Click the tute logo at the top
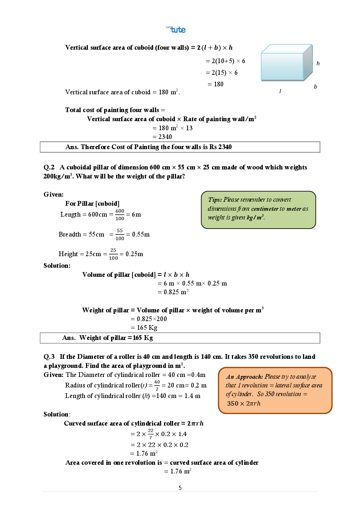[x=176, y=29]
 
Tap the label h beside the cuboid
[x=318, y=63]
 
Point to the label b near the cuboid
[x=315, y=87]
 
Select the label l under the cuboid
[x=280, y=91]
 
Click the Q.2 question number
[x=49, y=167]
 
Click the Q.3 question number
[x=49, y=357]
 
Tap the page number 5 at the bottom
[x=180, y=488]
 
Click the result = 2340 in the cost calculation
[x=162, y=137]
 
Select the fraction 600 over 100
[x=120, y=215]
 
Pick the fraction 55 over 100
[x=120, y=234]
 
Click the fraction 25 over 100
[x=113, y=254]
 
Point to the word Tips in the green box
[x=214, y=200]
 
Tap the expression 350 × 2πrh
[x=244, y=403]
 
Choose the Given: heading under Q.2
[x=53, y=194]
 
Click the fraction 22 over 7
[x=151, y=434]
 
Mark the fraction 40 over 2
[x=157, y=385]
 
